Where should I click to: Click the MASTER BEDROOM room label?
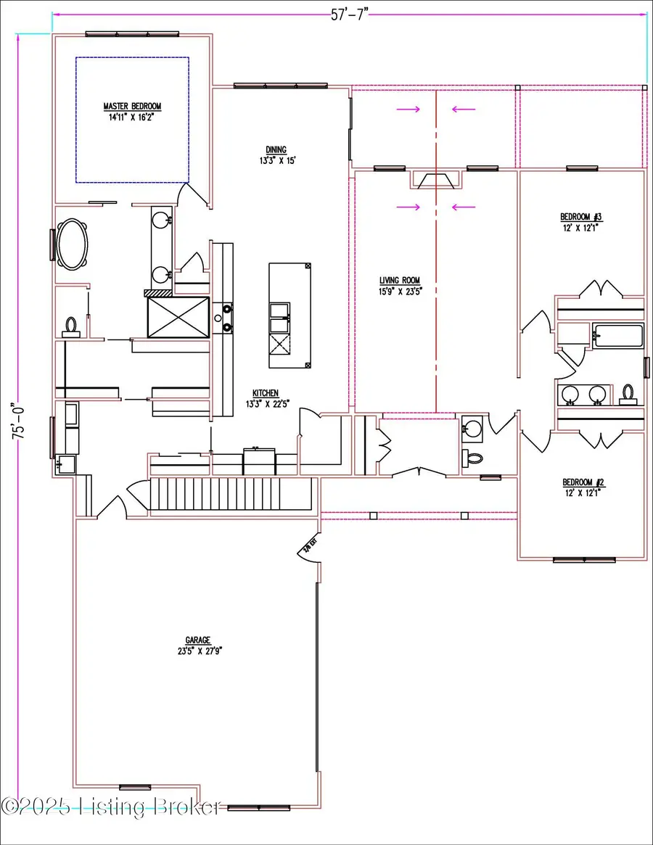pyautogui.click(x=132, y=106)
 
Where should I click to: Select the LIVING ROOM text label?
pyautogui.click(x=400, y=281)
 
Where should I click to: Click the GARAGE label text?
pyautogui.click(x=197, y=640)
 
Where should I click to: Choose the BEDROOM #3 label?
pyautogui.click(x=581, y=217)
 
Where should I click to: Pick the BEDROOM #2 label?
pyautogui.click(x=583, y=482)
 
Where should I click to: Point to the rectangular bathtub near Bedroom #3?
pyautogui.click(x=617, y=337)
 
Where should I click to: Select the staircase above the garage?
pyautogui.click(x=232, y=497)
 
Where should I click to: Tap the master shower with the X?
pyautogui.click(x=178, y=317)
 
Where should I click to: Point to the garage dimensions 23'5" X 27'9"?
pyautogui.click(x=197, y=651)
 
